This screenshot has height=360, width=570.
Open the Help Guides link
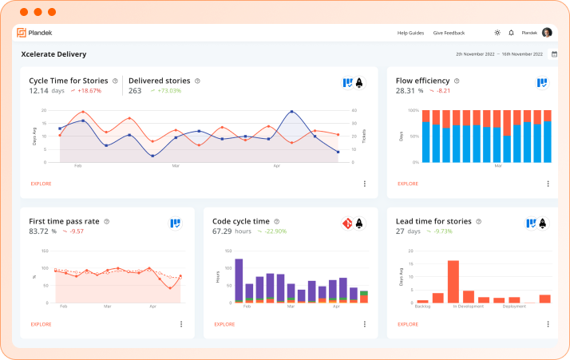410,33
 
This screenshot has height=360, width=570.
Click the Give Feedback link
449,33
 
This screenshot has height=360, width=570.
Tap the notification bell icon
511,33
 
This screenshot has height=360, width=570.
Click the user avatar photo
547,33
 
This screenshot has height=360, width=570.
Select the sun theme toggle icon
497,33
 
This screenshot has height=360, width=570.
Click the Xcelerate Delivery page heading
53,54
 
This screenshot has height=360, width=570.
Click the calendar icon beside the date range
554,54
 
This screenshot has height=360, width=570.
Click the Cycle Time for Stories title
69,81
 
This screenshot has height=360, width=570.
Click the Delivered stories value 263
135,91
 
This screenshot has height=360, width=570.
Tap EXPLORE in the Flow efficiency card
408,184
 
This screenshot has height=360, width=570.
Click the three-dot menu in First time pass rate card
181,324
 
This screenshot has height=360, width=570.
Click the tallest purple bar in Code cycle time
239,279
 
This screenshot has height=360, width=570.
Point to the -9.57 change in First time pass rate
77,231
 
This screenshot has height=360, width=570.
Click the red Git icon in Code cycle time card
347,224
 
